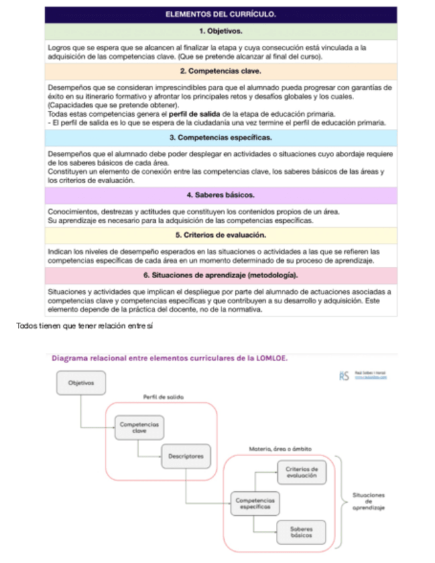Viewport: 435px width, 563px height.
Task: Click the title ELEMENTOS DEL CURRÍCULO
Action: pos(220,14)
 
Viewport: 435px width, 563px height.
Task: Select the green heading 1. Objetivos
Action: pos(220,31)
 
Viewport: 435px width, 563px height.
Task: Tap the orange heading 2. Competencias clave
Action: pos(220,70)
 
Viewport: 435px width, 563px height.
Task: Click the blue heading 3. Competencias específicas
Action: pos(220,137)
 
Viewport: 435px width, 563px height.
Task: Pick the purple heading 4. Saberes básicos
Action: pos(220,195)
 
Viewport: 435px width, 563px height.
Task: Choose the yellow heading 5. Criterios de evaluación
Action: pos(220,235)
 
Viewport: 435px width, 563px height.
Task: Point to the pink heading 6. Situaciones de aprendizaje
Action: pos(220,275)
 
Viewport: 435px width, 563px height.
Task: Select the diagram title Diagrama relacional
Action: pos(169,359)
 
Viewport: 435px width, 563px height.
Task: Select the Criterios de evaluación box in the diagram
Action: pos(302,473)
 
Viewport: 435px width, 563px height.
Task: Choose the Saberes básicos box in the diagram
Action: pos(302,531)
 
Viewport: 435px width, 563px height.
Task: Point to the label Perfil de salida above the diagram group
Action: pos(163,397)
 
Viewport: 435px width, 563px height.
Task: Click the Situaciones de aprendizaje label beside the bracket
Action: pos(369,501)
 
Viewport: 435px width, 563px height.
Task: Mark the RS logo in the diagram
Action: pos(344,376)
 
